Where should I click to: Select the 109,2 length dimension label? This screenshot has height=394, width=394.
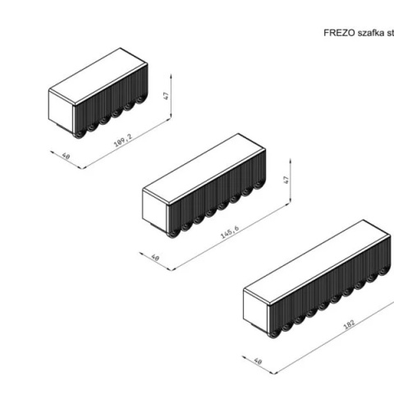coord(123,140)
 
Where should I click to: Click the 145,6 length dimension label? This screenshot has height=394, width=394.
coord(230,232)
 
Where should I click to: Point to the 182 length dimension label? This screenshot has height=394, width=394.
coord(349,323)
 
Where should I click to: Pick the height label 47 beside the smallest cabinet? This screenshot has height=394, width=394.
coord(166,96)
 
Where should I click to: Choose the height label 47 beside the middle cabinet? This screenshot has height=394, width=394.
coord(286,180)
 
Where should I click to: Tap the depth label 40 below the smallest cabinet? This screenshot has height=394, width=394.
coord(66,156)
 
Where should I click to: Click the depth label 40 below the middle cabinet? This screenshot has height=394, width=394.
coord(155,258)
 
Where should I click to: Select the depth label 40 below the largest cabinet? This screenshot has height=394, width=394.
coord(258,361)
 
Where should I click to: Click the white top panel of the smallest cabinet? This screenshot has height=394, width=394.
coord(98,76)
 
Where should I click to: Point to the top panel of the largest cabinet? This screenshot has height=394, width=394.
coord(317,262)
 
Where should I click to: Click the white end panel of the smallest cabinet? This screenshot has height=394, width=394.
coord(62,111)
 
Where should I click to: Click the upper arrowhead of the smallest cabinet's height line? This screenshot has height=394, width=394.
coord(171,76)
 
